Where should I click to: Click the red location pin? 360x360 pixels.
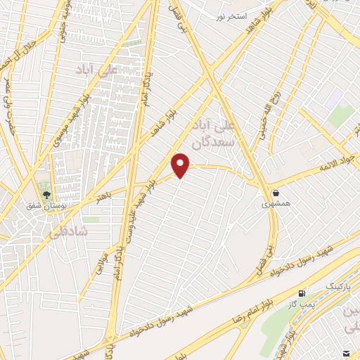click(x=181, y=165)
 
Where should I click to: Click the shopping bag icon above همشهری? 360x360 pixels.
click(x=275, y=192)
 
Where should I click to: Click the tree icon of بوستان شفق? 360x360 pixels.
click(x=47, y=195)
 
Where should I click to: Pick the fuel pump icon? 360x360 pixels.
click(x=302, y=292)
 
